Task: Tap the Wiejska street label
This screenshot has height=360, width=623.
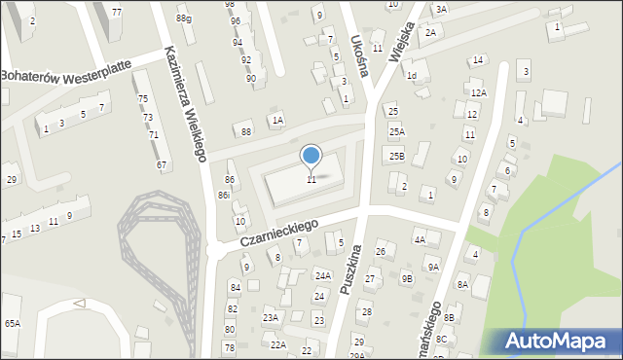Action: pyautogui.click(x=401, y=44)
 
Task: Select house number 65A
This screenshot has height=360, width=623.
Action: pyautogui.click(x=12, y=323)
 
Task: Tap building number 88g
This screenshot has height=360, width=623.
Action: pyautogui.click(x=183, y=18)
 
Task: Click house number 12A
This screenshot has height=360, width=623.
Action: pyautogui.click(x=478, y=92)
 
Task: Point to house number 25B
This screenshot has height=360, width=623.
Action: pyautogui.click(x=396, y=155)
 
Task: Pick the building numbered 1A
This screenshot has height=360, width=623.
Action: pyautogui.click(x=277, y=120)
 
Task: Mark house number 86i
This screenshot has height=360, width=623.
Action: pyautogui.click(x=224, y=196)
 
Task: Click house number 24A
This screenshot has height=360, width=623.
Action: pyautogui.click(x=322, y=276)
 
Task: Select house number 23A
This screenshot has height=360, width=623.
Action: pyautogui.click(x=271, y=317)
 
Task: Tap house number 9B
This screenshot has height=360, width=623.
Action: pyautogui.click(x=407, y=279)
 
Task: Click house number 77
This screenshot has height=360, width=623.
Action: pyautogui.click(x=117, y=12)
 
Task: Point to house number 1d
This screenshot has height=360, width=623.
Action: pyautogui.click(x=412, y=75)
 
